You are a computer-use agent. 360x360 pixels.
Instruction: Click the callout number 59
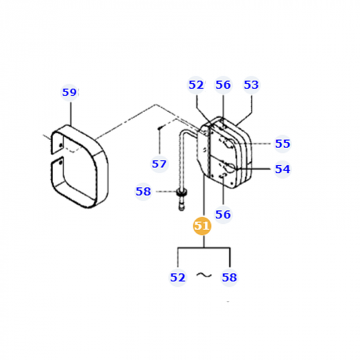coord(69,93)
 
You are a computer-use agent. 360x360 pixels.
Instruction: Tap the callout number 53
coord(252,85)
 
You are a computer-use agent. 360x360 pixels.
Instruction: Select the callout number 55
coord(282,143)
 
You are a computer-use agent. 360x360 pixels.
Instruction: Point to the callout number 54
coord(282,169)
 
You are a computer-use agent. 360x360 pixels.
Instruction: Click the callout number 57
coord(159,164)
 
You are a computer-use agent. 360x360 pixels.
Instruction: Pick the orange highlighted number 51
coord(202,226)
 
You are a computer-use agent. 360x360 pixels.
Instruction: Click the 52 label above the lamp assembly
coord(196,85)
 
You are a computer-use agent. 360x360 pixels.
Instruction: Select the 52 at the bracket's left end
coord(177,277)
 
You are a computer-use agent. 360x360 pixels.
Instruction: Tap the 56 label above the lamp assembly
coord(223,85)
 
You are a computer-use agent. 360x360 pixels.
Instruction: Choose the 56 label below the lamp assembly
coord(223,214)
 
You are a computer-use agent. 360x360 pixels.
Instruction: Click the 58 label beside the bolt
coord(143,192)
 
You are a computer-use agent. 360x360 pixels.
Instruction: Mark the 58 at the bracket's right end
coord(229,277)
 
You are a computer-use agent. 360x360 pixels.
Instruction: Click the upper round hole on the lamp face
coord(227,145)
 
